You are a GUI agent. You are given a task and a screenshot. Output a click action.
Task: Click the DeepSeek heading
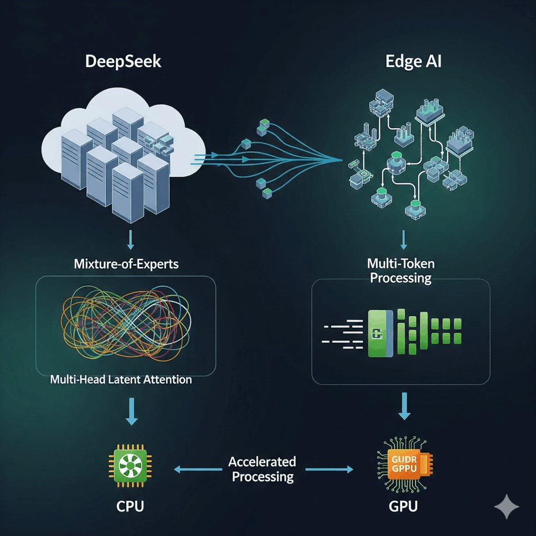tap(124, 61)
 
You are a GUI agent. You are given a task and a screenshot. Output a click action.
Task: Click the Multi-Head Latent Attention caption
tap(121, 379)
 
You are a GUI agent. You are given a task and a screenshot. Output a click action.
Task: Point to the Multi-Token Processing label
tap(401, 270)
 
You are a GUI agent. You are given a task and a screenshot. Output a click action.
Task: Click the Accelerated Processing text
tap(263, 469)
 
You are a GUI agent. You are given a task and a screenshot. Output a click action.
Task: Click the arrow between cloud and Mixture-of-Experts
tap(130, 240)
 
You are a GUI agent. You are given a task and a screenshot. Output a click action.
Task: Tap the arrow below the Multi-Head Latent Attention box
tap(132, 412)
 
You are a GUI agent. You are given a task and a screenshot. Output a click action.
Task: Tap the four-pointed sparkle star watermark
tap(507, 507)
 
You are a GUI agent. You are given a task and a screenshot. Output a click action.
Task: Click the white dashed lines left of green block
tap(343, 334)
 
